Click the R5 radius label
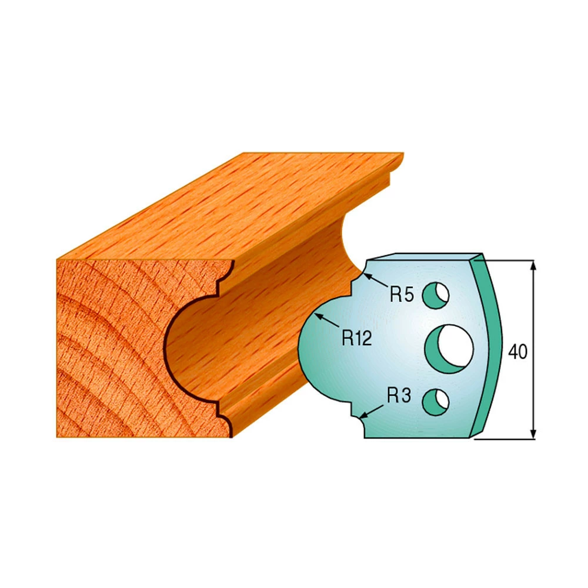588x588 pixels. point(401,295)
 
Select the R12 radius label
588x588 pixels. point(357,338)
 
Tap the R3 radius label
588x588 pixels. point(399,395)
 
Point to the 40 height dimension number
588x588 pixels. point(517,352)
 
